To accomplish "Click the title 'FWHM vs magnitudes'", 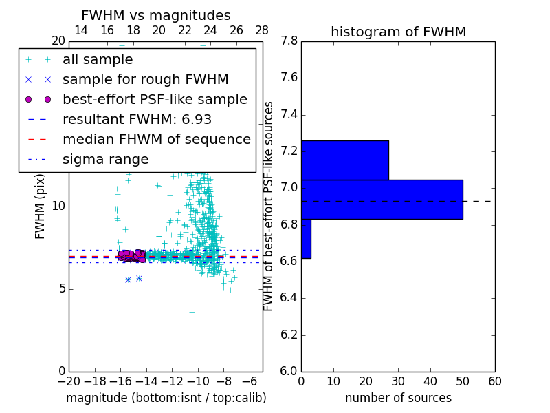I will click(x=156, y=16).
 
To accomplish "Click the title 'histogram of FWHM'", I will click(x=398, y=32).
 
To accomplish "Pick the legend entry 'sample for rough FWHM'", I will click(x=145, y=80).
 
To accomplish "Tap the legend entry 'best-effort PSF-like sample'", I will click(x=155, y=100).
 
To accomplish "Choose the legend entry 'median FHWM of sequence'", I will click(x=156, y=140).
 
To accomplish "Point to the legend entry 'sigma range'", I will click(x=105, y=160).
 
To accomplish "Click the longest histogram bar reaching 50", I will click(x=382, y=199).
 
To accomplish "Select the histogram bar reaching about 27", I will click(x=344, y=160).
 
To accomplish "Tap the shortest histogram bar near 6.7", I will click(x=306, y=239).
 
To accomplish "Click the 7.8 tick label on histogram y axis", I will click(x=289, y=41).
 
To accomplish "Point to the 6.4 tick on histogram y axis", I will click(x=289, y=298).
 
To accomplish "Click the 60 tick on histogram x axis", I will click(x=494, y=381).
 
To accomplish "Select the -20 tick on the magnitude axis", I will click(x=69, y=381).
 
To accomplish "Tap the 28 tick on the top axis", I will click(x=262, y=30).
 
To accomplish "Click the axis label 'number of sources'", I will click(x=398, y=398).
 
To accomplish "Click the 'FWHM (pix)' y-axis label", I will click(x=41, y=206).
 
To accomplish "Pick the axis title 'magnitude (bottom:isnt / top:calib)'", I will click(x=166, y=398).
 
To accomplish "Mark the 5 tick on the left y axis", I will click(x=60, y=288).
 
